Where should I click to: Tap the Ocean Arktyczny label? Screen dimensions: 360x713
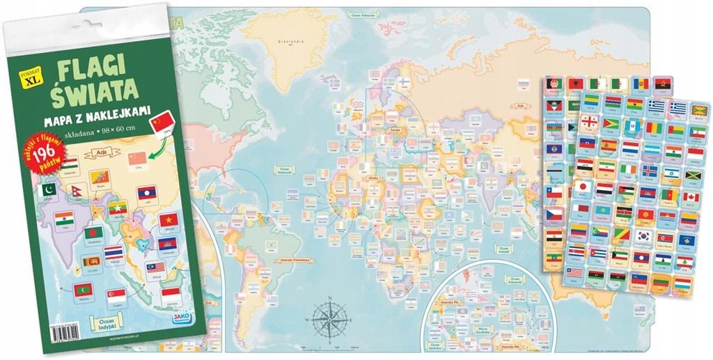[x=364, y=13]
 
